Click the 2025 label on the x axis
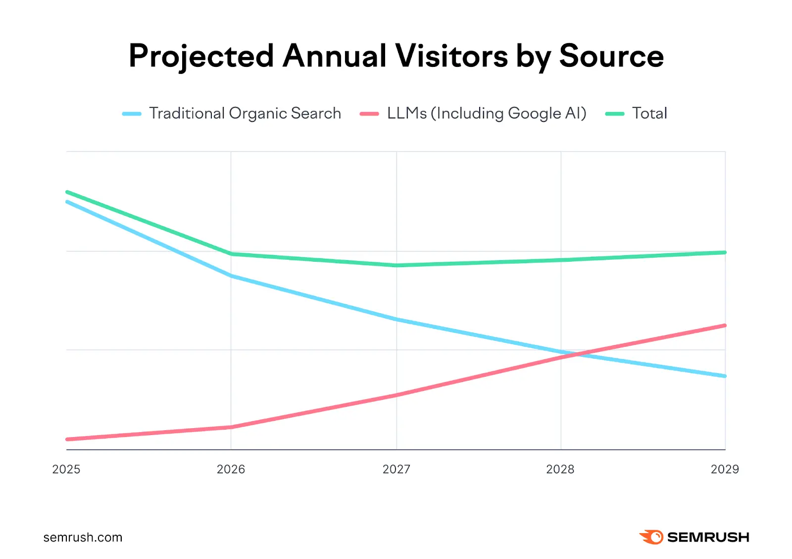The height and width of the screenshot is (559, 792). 66,469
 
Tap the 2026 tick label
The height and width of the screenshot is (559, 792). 231,469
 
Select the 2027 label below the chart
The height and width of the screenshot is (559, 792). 396,469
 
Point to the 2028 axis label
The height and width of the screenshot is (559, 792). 560,469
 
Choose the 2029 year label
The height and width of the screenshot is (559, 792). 725,469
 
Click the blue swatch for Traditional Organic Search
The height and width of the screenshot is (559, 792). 132,114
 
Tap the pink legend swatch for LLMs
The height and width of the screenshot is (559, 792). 369,114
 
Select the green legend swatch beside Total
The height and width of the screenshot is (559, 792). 615,114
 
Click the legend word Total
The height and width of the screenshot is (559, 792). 649,113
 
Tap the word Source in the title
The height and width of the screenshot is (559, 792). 611,56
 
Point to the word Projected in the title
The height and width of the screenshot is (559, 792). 201,56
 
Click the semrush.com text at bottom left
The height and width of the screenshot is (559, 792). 83,537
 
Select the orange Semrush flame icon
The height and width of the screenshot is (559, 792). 651,537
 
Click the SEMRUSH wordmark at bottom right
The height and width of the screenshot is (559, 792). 708,537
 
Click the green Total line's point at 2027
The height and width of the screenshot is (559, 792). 396,265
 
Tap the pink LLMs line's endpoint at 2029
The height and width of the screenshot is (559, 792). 725,326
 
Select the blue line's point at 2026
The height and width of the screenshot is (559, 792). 231,276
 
